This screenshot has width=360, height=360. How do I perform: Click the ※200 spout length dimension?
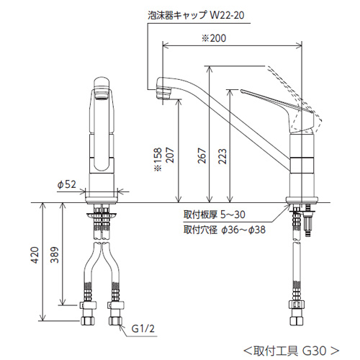(214, 38)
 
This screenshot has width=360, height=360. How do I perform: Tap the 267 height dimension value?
(202, 156)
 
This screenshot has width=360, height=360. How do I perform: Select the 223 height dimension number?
(222, 156)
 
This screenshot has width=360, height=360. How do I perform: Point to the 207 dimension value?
(170, 156)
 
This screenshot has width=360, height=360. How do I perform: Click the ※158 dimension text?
(158, 160)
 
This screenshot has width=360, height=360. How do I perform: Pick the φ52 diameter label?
(66, 184)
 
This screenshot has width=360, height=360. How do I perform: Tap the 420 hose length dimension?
(35, 255)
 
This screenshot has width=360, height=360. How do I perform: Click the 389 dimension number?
(55, 255)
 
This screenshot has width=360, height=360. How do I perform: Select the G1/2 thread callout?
(143, 328)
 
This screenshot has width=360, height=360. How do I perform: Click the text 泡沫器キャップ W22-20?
(196, 15)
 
